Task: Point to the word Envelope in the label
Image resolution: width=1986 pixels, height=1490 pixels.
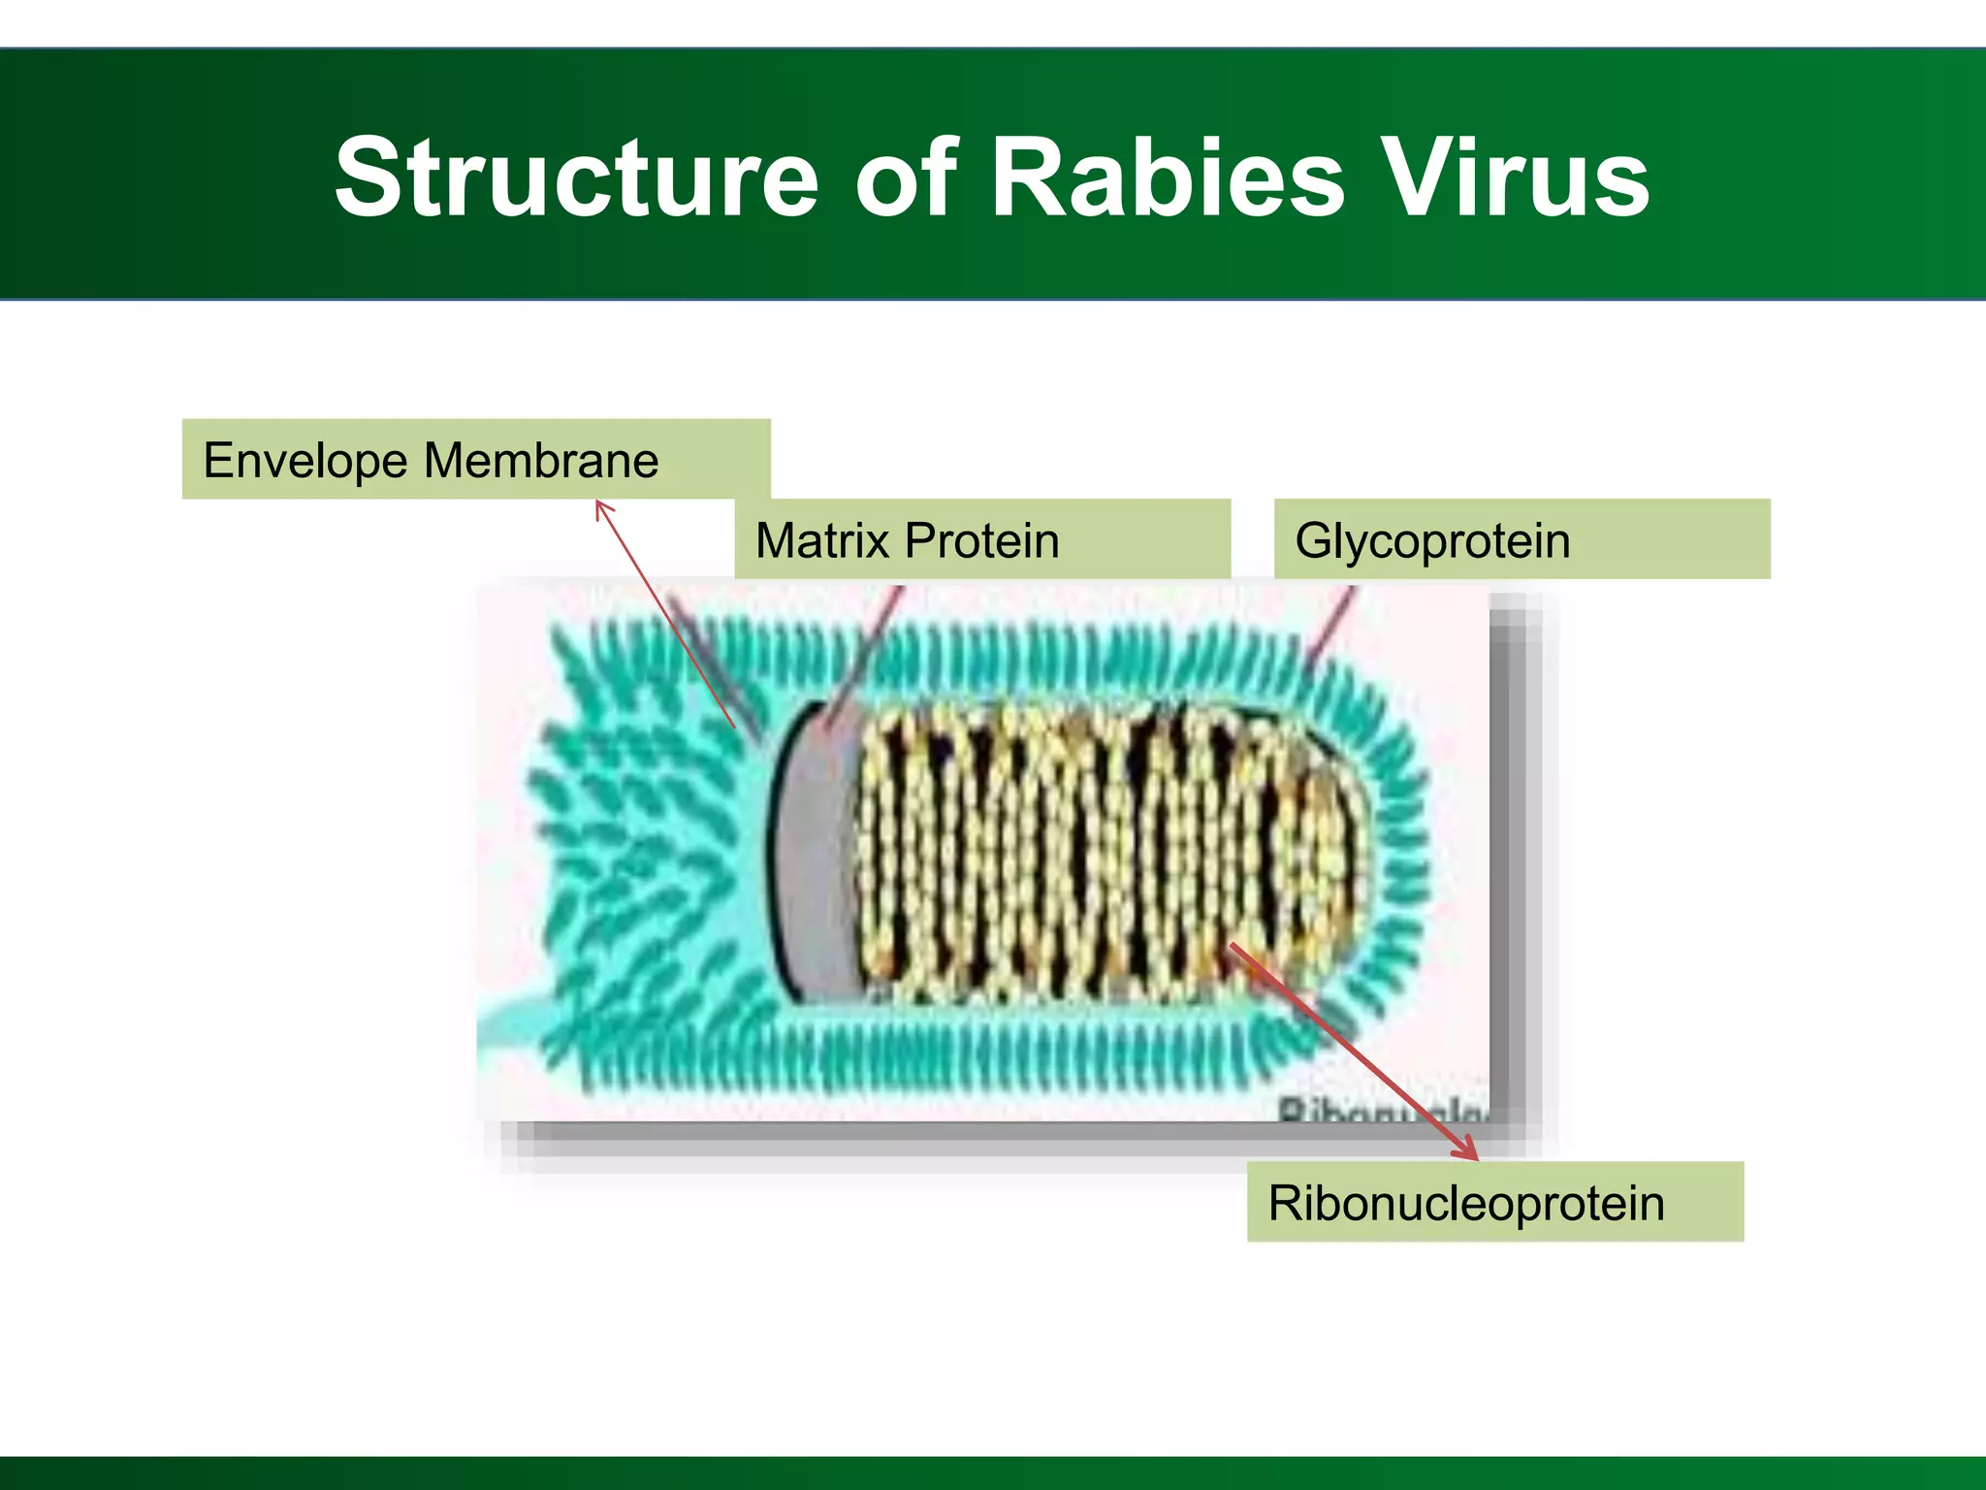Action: [305, 461]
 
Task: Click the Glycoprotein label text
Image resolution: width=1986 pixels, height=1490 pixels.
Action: [1431, 541]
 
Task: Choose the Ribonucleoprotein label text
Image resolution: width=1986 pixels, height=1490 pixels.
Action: [1465, 1204]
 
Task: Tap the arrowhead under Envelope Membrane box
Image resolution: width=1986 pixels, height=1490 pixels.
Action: [601, 506]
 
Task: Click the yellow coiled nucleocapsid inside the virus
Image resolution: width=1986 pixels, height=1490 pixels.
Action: [1067, 854]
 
